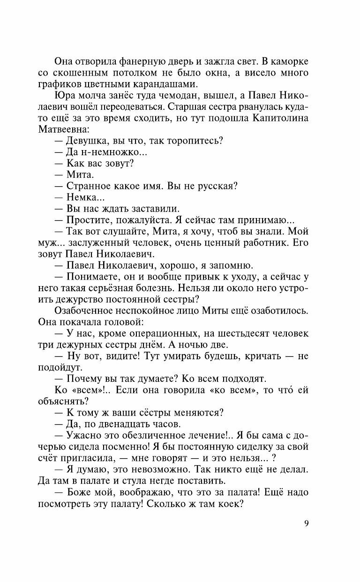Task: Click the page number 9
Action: (x=306, y=524)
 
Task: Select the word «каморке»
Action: (x=289, y=62)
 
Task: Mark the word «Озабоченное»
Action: (x=86, y=310)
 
